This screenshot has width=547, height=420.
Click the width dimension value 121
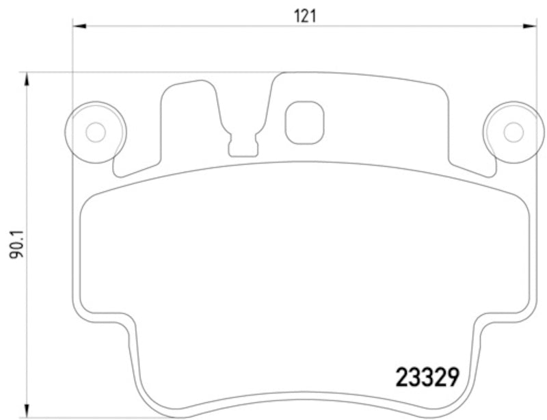(x=305, y=15)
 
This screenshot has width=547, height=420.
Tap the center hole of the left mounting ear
(x=95, y=131)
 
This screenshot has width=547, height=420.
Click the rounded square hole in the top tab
(x=304, y=123)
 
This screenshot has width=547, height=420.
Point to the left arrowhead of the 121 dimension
(x=79, y=27)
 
